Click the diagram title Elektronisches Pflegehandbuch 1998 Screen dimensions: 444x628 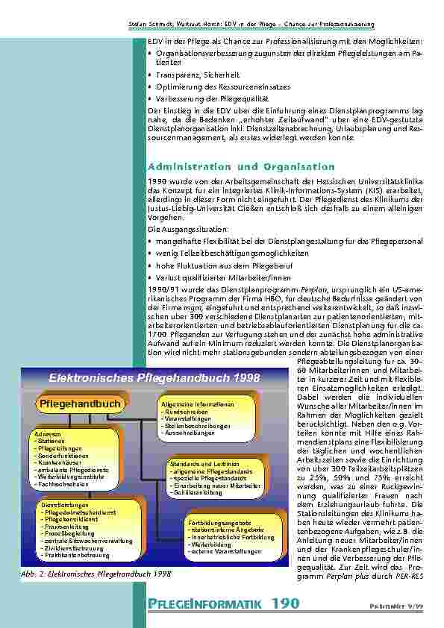154,377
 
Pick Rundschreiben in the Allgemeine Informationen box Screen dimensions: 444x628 187,411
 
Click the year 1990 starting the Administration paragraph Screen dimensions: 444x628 157,183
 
